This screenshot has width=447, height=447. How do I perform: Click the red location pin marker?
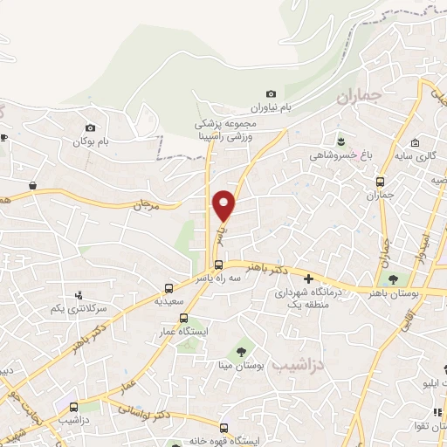click(x=224, y=205)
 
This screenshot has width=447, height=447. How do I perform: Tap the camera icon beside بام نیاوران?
click(x=271, y=94)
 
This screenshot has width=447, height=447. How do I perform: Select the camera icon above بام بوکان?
click(x=90, y=127)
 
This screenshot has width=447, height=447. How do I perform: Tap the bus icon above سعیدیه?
click(x=168, y=287)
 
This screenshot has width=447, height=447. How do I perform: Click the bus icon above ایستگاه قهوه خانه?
click(x=223, y=428)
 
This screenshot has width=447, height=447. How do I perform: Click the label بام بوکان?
click(x=94, y=141)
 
